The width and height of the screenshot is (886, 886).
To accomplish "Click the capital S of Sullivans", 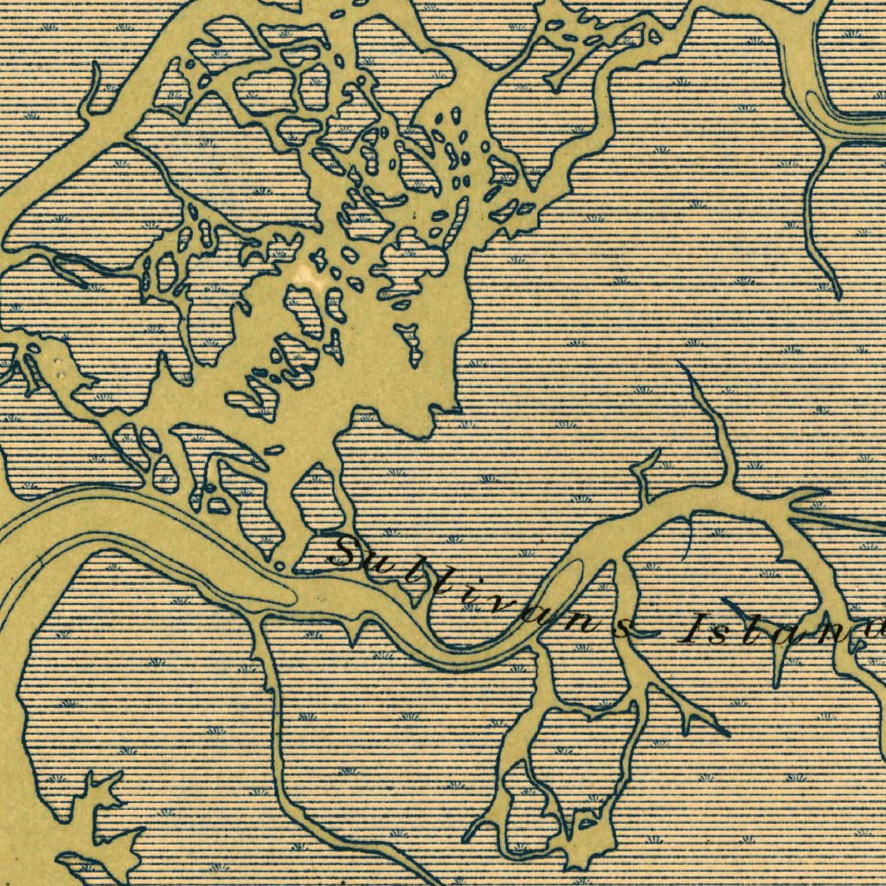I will (x=353, y=554).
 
